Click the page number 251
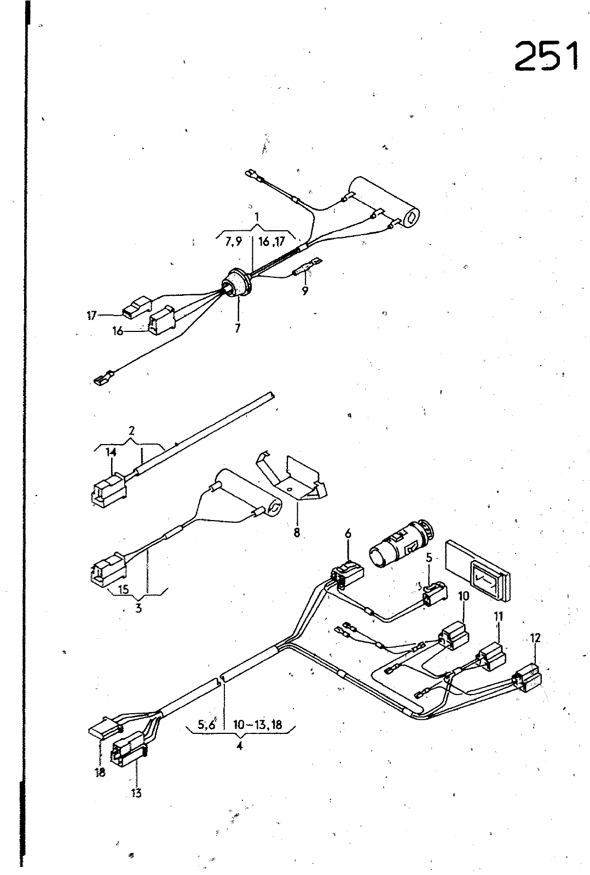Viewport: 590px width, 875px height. tap(546, 56)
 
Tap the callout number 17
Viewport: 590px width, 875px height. tap(91, 316)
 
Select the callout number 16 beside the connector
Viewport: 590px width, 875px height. tap(118, 331)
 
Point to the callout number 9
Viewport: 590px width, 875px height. tap(305, 291)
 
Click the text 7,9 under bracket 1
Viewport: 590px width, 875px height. tap(233, 243)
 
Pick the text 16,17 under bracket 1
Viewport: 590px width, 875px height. tap(271, 242)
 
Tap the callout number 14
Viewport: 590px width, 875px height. tap(111, 452)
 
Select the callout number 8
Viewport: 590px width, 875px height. tap(297, 532)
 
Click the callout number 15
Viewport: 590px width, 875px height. tap(124, 590)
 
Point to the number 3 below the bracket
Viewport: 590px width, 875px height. tap(138, 608)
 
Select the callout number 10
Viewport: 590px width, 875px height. tap(463, 596)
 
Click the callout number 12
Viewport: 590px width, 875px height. tap(535, 637)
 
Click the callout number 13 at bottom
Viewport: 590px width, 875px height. tap(136, 792)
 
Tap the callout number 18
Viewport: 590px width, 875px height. tap(100, 774)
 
